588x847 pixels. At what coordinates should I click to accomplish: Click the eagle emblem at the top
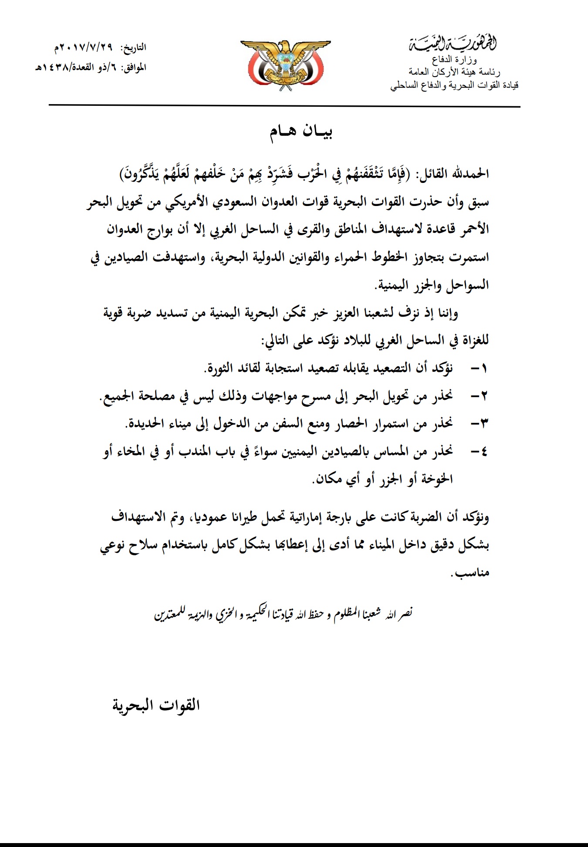(x=285, y=65)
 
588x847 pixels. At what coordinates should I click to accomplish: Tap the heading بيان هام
(x=301, y=132)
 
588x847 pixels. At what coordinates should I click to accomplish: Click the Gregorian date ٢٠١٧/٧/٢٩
(x=84, y=47)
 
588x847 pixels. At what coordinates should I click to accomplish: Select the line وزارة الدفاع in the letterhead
(x=454, y=60)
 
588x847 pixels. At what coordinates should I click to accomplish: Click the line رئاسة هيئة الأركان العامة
(x=454, y=72)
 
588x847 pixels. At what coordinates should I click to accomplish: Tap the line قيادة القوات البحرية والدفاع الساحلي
(x=454, y=85)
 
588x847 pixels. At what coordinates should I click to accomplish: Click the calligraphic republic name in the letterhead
(x=453, y=44)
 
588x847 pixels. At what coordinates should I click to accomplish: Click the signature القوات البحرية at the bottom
(x=156, y=705)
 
